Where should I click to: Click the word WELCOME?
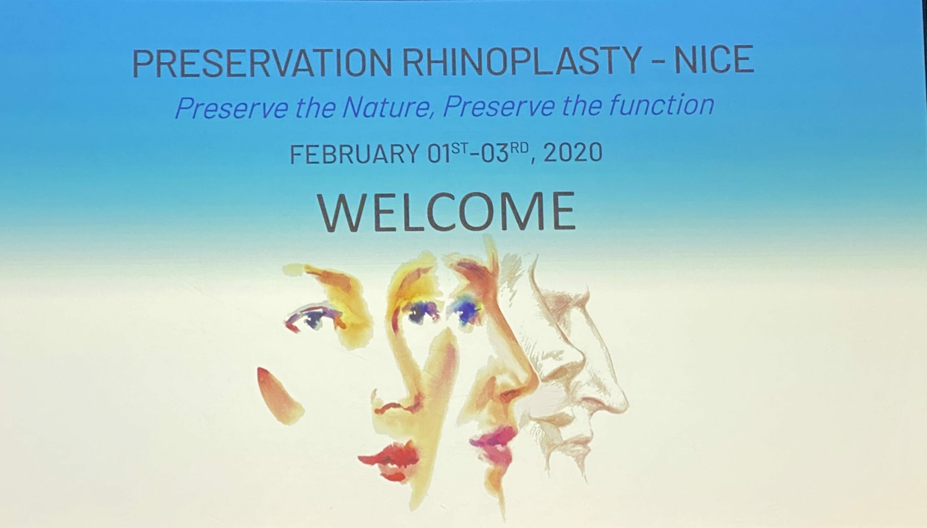pos(446,212)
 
